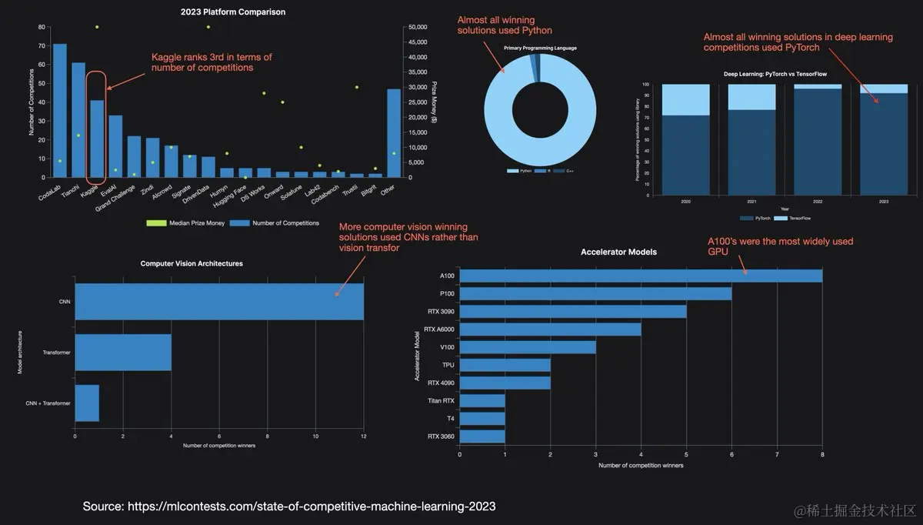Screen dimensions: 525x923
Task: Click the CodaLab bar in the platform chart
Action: point(59,111)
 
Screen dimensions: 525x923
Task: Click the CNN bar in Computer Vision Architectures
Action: point(219,301)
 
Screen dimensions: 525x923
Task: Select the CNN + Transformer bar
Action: point(87,403)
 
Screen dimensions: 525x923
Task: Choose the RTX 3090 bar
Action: point(573,311)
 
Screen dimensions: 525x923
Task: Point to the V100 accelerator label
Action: point(446,347)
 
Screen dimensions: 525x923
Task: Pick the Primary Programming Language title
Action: point(540,48)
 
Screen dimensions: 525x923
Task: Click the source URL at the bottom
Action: point(289,506)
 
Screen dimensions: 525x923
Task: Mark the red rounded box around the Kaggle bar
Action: point(97,124)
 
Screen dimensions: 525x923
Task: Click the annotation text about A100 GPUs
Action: point(780,246)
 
